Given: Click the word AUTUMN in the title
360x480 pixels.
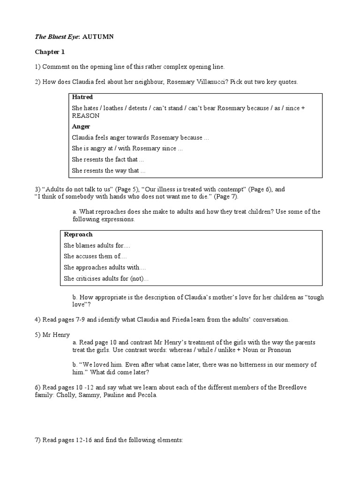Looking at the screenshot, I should pyautogui.click(x=98, y=37).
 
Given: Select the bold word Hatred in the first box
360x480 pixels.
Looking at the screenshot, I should pyautogui.click(x=82, y=97).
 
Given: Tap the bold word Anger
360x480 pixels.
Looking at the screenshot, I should pyautogui.click(x=81, y=127).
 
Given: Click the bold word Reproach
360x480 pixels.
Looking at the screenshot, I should pyautogui.click(x=78, y=234).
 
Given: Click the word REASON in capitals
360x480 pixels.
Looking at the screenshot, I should pyautogui.click(x=86, y=115).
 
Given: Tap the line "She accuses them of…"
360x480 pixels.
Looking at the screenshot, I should pyautogui.click(x=95, y=256).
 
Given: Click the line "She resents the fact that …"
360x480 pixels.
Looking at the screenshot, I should pyautogui.click(x=108, y=159).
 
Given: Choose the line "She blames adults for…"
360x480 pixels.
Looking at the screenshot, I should pyautogui.click(x=97, y=246).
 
